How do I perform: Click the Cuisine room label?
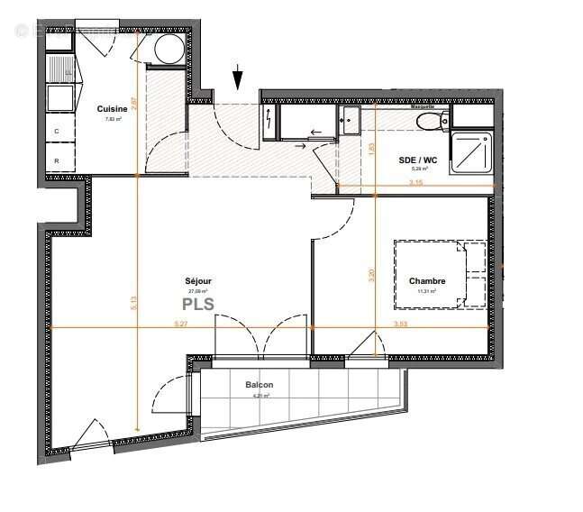[113, 109]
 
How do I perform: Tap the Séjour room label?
[198, 280]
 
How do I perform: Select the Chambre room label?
[426, 281]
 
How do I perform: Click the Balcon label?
[259, 385]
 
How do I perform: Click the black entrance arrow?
[238, 78]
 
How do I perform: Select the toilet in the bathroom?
[429, 117]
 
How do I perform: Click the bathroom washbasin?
[350, 118]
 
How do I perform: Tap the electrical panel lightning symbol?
[270, 120]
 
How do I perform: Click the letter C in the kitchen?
[58, 132]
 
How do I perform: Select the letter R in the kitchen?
[58, 160]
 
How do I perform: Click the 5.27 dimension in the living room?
[179, 323]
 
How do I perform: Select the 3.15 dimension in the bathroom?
[414, 182]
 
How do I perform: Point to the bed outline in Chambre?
[440, 273]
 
